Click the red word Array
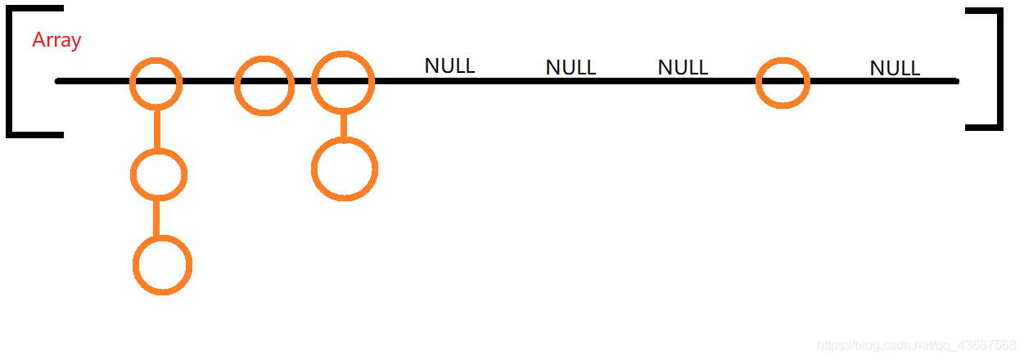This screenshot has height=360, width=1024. (x=56, y=39)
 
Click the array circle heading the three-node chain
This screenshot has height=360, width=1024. (x=156, y=83)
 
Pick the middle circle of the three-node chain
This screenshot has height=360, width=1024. (x=159, y=174)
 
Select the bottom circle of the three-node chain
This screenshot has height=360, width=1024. (x=162, y=265)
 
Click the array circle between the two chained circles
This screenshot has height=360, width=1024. (x=263, y=85)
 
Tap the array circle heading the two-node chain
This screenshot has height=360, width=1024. (x=343, y=82)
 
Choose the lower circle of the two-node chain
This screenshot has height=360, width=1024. (x=344, y=169)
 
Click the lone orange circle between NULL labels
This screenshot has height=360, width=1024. (x=783, y=83)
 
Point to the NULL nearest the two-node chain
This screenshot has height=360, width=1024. (x=449, y=65)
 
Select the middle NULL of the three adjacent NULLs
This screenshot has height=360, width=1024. (x=571, y=67)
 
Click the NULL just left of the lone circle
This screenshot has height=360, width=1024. (x=683, y=67)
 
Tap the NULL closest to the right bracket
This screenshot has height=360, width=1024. (x=895, y=68)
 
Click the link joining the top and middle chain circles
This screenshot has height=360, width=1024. (x=156, y=128)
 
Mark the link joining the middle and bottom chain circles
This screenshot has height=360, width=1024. (x=157, y=218)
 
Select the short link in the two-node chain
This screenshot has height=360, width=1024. (x=343, y=126)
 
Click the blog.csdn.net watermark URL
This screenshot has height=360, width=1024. (x=917, y=345)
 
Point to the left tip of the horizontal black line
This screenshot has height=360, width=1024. (x=57, y=81)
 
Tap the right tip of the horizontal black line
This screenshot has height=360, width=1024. (x=956, y=81)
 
